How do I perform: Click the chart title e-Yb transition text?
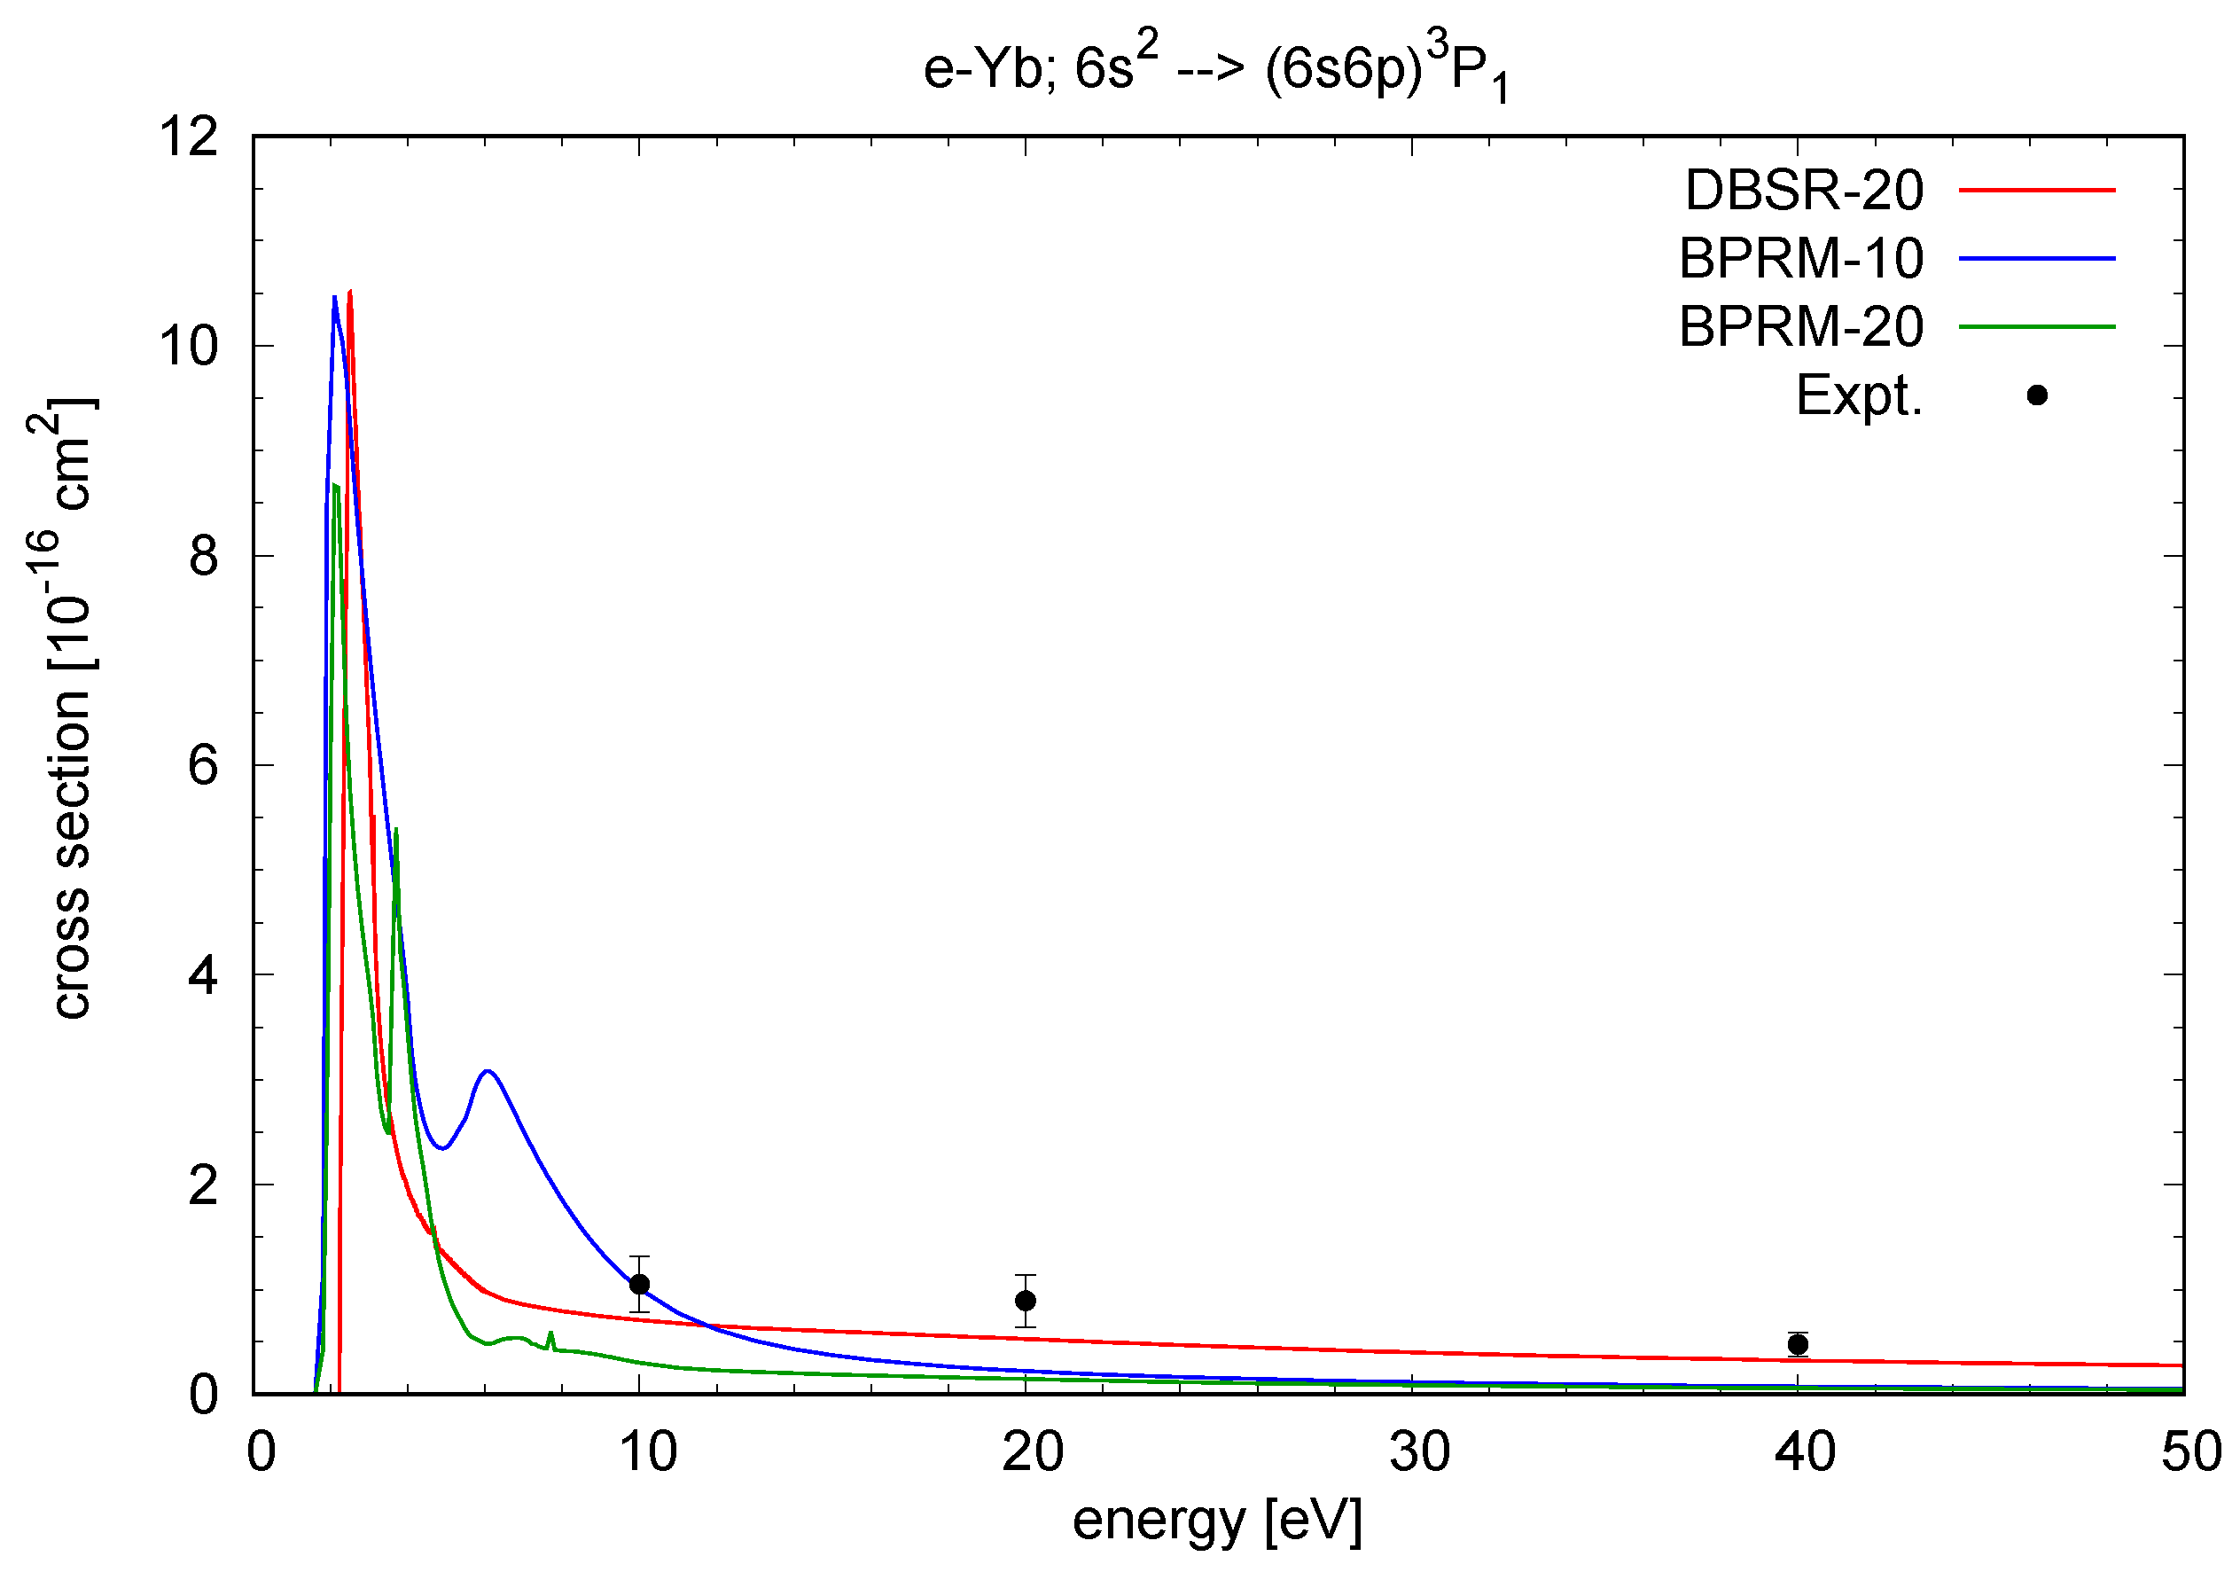click(1215, 70)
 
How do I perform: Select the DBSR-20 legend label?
click(1804, 191)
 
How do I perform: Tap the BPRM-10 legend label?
click(1801, 259)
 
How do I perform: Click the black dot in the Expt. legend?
click(2037, 395)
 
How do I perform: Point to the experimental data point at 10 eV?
click(639, 1284)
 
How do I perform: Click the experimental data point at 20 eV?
click(1026, 1301)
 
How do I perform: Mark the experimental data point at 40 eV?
click(1798, 1345)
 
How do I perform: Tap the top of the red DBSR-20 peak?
click(349, 293)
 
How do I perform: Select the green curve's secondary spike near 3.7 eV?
click(396, 832)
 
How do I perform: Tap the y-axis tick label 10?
click(190, 347)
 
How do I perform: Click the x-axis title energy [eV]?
click(1216, 1520)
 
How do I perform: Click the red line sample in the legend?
click(2037, 191)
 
